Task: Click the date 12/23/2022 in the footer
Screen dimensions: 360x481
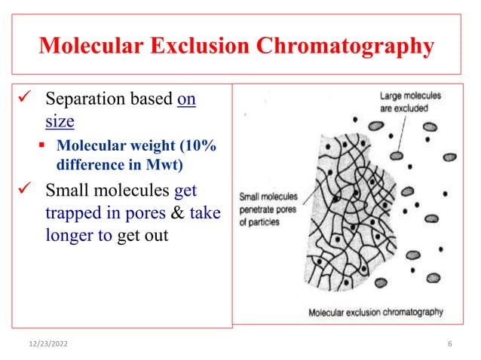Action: click(x=48, y=343)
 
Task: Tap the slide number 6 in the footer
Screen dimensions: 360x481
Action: click(x=449, y=343)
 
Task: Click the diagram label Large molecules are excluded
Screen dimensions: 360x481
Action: click(x=411, y=102)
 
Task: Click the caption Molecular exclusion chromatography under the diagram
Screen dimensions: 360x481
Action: click(x=375, y=312)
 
